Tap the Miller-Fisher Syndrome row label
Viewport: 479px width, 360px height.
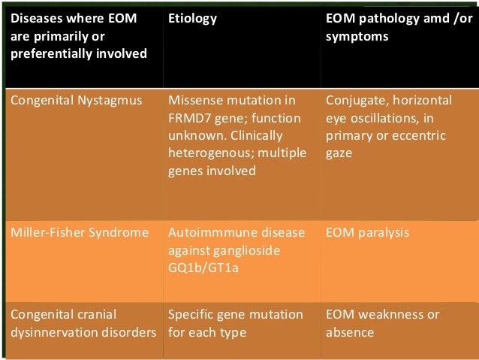[x=79, y=232]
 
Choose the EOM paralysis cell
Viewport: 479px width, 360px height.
[x=367, y=232]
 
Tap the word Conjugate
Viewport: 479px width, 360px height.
[x=353, y=100]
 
